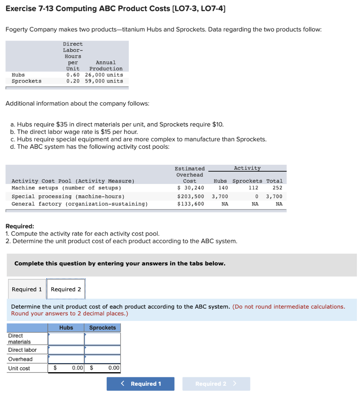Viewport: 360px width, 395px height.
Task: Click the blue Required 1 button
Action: pos(140,383)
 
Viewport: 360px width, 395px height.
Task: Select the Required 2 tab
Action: pos(66,289)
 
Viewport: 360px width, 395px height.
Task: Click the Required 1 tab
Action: pos(27,289)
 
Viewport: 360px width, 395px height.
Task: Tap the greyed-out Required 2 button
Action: pos(216,383)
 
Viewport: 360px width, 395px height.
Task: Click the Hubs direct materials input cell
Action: pos(66,339)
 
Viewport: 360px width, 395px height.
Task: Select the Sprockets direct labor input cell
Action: pos(102,350)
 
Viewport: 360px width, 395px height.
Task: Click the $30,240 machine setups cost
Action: pos(191,188)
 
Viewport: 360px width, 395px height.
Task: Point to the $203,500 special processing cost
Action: pos(191,196)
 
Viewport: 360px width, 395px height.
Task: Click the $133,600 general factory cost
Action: pos(191,204)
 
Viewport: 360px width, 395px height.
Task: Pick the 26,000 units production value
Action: pos(104,75)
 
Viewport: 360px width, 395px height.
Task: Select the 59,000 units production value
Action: pos(104,81)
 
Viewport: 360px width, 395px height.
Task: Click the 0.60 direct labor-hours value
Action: pos(73,75)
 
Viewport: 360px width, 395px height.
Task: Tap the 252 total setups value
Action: pos(277,188)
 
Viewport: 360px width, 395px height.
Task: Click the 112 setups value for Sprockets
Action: pos(253,188)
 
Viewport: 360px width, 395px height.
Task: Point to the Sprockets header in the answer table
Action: pos(102,327)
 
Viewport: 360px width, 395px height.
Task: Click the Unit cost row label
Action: pos(19,368)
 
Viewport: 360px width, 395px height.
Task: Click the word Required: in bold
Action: pos(20,226)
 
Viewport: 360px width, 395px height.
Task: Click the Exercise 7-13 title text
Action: pos(116,8)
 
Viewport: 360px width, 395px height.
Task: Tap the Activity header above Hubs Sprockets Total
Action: pos(247,168)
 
